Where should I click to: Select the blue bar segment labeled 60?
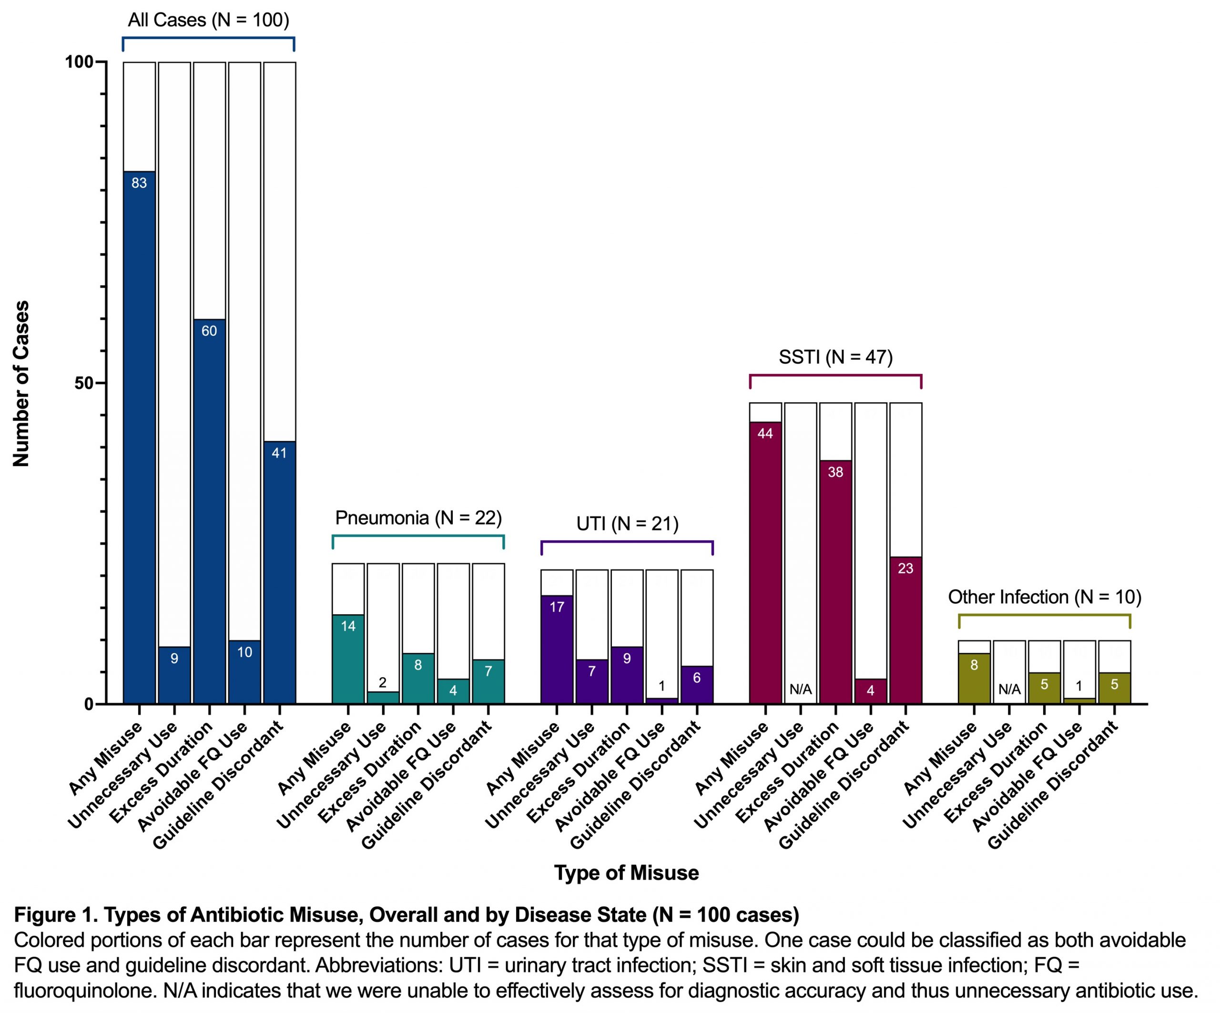[x=209, y=511]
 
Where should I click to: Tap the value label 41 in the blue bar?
[x=279, y=453]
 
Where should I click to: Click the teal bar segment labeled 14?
[x=348, y=659]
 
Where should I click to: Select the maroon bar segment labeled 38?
[x=835, y=581]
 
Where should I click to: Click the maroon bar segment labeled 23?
[x=905, y=630]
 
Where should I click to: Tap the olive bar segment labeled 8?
[x=974, y=678]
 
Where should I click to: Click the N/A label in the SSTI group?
[x=801, y=689]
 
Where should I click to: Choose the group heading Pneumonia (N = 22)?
[x=418, y=517]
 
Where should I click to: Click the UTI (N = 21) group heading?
[x=628, y=524]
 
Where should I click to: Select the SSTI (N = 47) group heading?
[x=835, y=356]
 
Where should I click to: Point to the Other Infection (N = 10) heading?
[x=1045, y=597]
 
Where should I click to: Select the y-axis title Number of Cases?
[x=21, y=384]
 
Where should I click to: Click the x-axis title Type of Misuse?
[x=626, y=872]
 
